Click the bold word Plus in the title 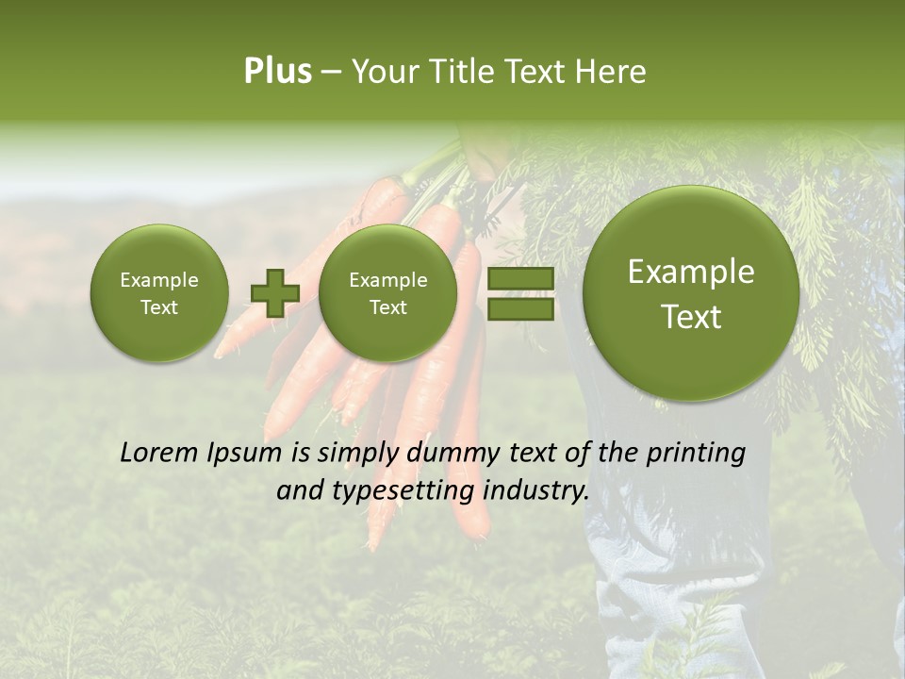click(277, 72)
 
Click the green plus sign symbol click(274, 292)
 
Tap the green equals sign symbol click(519, 293)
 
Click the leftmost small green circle click(158, 292)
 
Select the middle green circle click(387, 292)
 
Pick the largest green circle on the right click(691, 293)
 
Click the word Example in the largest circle click(691, 272)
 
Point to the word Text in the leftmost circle click(158, 307)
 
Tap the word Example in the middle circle click(387, 280)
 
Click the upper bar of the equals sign click(519, 279)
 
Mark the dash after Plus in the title click(331, 72)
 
